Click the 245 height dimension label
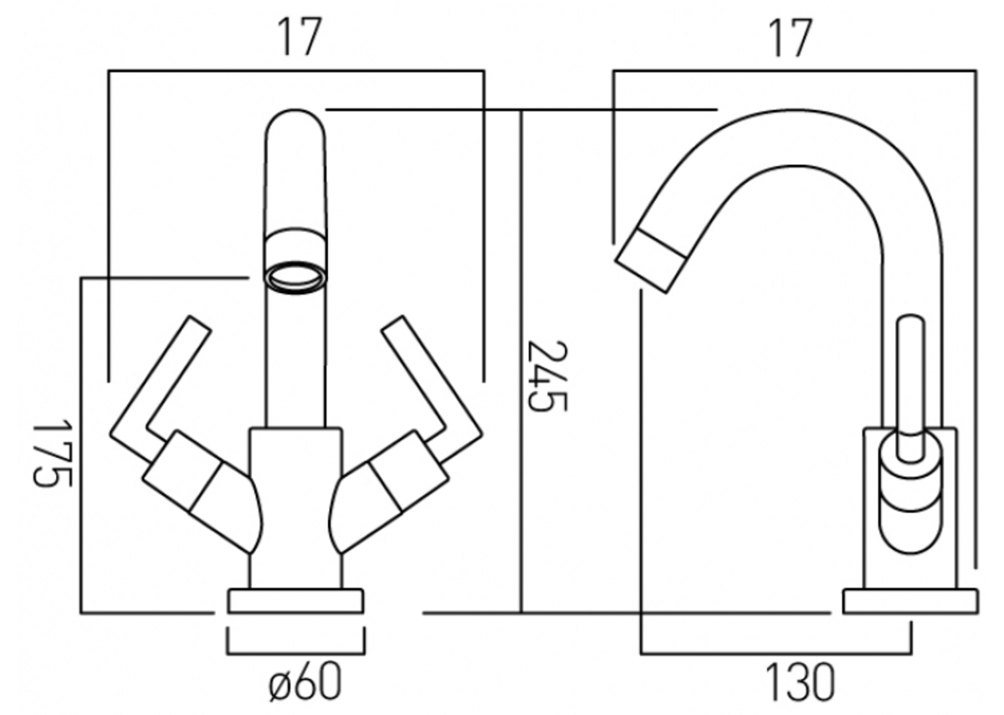point(547,375)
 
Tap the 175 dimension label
point(52,453)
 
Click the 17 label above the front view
point(300,37)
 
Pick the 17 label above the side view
point(790,39)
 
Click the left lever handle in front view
point(160,386)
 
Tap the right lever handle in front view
point(432,386)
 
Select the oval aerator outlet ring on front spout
point(295,278)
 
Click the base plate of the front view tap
point(295,601)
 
